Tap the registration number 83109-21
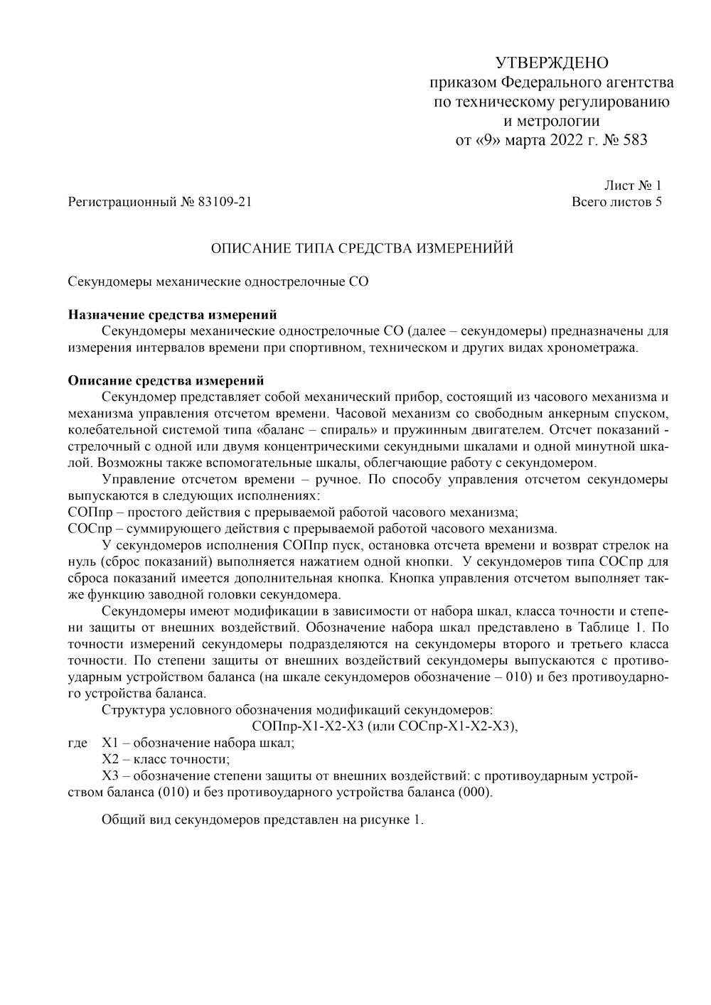coord(225,203)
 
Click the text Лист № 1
coord(633,186)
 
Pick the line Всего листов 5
coord(617,203)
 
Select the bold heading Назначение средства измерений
coord(172,315)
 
